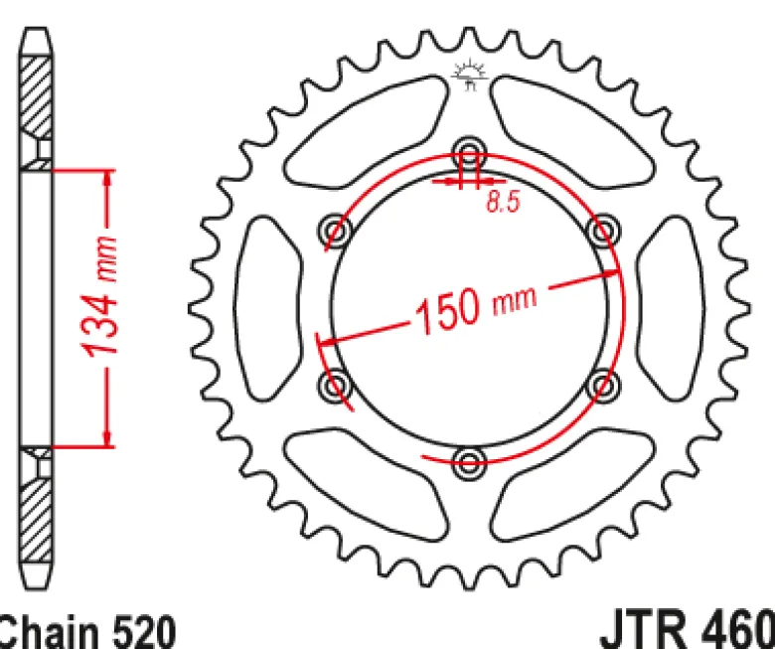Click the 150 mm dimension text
coord(476,306)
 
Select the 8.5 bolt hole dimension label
coord(503,201)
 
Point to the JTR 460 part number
coord(687,629)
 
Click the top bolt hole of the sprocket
coord(469,152)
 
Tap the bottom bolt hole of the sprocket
coord(469,463)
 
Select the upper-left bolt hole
coord(335,231)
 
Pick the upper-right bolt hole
coord(603,231)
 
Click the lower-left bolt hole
coord(335,385)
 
